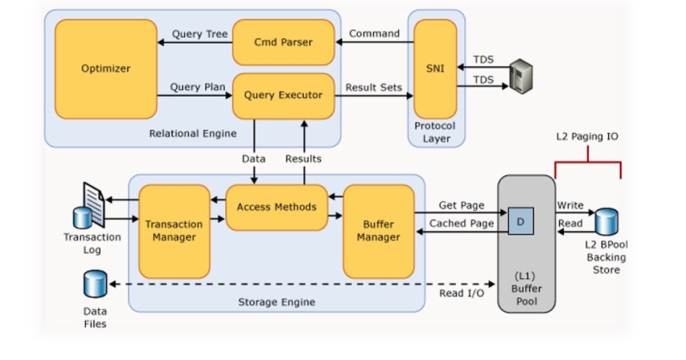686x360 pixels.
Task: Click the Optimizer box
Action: click(106, 69)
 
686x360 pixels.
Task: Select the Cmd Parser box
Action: click(283, 42)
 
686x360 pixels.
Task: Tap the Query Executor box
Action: click(283, 95)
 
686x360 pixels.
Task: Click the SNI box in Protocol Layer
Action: click(435, 69)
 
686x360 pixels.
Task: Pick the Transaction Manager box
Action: click(174, 231)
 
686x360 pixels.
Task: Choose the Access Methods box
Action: click(276, 207)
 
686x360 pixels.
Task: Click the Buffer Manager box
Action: click(378, 231)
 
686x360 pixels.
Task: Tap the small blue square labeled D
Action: click(520, 221)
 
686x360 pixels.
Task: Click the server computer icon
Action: click(521, 75)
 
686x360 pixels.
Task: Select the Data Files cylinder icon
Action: click(95, 284)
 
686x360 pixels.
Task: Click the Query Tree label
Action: click(200, 34)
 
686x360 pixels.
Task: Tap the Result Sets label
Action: click(373, 87)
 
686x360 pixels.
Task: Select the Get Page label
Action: click(461, 205)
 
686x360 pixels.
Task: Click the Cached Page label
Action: click(461, 223)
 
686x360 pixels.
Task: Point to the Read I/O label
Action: click(461, 293)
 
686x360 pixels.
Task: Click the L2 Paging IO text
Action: click(587, 137)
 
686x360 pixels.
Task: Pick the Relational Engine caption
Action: click(193, 134)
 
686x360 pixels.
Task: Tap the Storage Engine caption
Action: click(276, 302)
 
